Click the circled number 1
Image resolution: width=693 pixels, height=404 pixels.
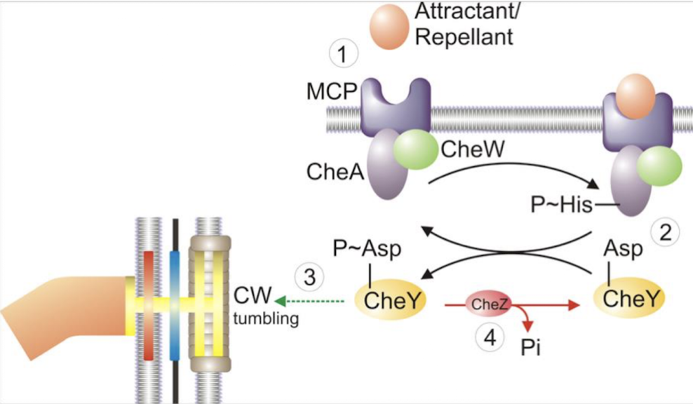tap(343, 55)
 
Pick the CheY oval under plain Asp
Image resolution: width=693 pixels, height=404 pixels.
tap(631, 299)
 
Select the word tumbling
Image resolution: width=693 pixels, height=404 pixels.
tap(266, 319)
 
